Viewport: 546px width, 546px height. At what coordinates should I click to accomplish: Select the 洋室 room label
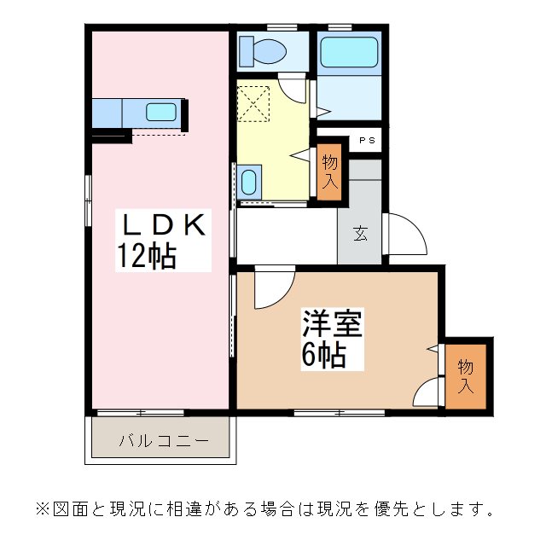coord(333,325)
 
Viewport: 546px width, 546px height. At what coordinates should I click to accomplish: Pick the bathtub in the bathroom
coord(349,55)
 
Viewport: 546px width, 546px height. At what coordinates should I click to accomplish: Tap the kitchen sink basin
coord(160,112)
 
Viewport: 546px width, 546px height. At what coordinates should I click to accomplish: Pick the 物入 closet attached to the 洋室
coord(465,375)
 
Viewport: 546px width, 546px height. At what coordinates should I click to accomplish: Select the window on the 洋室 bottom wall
coord(339,413)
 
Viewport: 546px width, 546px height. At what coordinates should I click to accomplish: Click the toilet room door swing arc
coord(293,88)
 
